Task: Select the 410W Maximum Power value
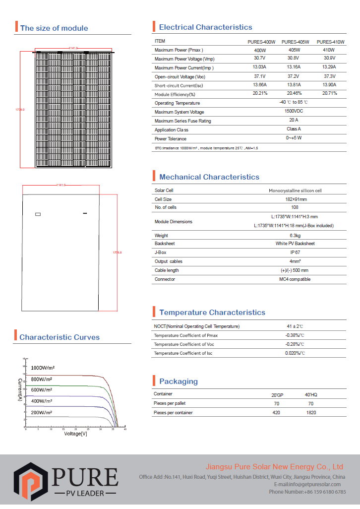tap(329, 50)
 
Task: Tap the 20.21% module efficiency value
tap(260, 93)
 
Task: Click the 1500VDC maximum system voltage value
tap(294, 111)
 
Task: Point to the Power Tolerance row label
tap(171, 139)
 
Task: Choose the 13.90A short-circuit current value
tap(329, 85)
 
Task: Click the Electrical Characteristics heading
tap(205, 27)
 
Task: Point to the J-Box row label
tap(161, 253)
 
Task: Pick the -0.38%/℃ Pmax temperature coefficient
tap(295, 335)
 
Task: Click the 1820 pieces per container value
tap(311, 413)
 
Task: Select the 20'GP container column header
tap(277, 395)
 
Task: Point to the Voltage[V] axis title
tap(75, 434)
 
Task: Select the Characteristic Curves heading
tap(60, 337)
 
